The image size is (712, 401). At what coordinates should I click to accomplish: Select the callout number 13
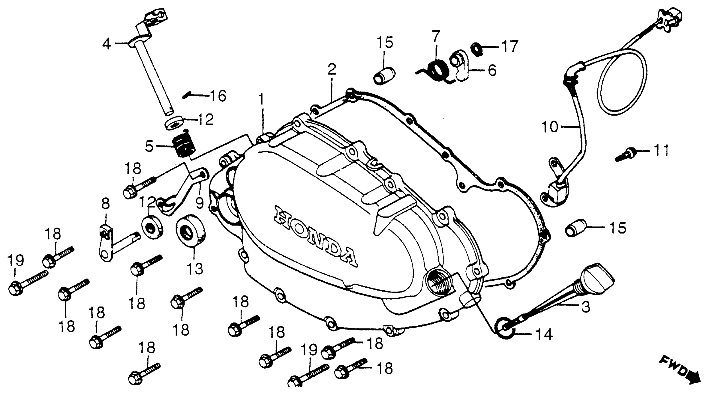pos(195,268)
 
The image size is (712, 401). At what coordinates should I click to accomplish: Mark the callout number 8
pos(105,204)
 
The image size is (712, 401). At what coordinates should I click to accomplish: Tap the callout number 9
pos(200,203)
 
